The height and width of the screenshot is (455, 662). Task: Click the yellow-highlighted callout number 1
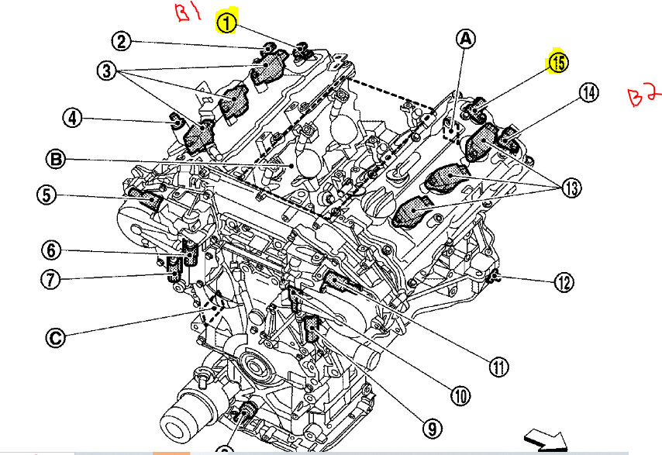[226, 23]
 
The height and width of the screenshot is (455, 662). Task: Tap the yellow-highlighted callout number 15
[557, 62]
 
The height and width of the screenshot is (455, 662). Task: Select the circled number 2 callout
[121, 41]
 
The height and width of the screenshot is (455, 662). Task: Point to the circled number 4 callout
[71, 119]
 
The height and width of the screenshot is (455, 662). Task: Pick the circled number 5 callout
[48, 196]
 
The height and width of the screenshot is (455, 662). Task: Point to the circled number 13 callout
[571, 187]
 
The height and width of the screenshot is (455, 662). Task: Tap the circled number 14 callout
[588, 93]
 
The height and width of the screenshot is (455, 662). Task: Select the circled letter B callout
[56, 160]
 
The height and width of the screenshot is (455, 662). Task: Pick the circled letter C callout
[56, 337]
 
